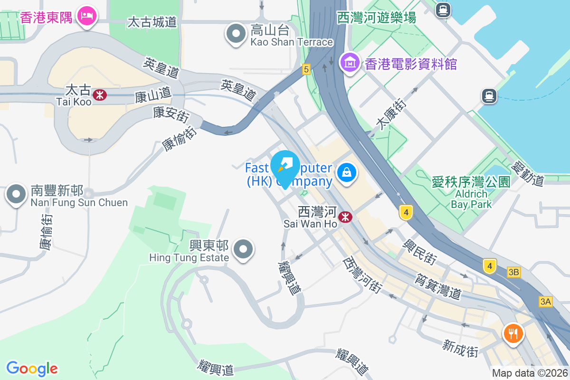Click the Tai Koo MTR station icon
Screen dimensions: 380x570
pyautogui.click(x=100, y=95)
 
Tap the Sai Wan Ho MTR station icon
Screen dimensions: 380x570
pyautogui.click(x=345, y=217)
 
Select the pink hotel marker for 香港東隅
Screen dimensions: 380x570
pyautogui.click(x=87, y=16)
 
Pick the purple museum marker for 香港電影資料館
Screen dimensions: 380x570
pyautogui.click(x=350, y=62)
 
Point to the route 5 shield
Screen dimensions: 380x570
pyautogui.click(x=306, y=69)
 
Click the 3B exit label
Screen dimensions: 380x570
pyautogui.click(x=514, y=272)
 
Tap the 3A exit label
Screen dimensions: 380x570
pyautogui.click(x=546, y=301)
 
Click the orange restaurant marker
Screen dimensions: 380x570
pyautogui.click(x=513, y=333)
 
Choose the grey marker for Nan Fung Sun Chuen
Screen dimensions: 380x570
pyautogui.click(x=17, y=194)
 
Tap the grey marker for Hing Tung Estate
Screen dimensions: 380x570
pyautogui.click(x=244, y=249)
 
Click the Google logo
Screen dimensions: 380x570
pyautogui.click(x=32, y=368)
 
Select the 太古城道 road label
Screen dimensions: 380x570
pyautogui.click(x=152, y=22)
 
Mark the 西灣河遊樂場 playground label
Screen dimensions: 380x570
pyautogui.click(x=377, y=18)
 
